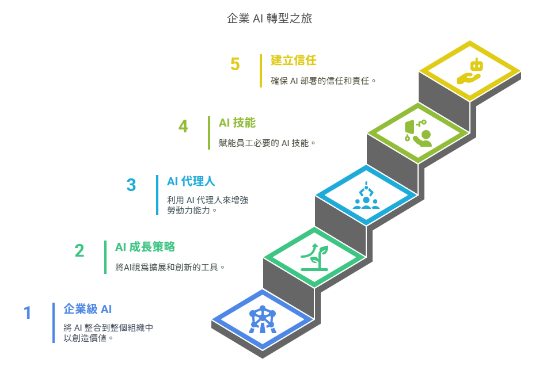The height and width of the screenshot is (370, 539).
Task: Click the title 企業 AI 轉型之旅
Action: pos(269,18)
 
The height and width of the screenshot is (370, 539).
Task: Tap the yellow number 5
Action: pos(235,64)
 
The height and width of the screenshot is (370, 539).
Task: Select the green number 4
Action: pos(183,126)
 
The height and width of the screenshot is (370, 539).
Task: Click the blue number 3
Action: pos(131,185)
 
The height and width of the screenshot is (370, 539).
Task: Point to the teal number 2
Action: pos(79,251)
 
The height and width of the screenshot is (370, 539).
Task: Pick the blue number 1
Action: pos(28,313)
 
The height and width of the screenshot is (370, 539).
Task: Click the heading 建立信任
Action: pos(294,60)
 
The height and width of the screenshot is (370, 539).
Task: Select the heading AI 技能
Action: pos(237,123)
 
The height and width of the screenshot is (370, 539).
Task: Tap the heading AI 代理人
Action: pos(191,182)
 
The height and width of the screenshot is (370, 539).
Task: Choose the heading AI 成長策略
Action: pos(145,247)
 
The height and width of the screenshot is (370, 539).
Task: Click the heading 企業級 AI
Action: pos(88,309)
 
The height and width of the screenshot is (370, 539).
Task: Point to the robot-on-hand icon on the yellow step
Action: pos(469,72)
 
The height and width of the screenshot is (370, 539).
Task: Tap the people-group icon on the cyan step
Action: pos(366,196)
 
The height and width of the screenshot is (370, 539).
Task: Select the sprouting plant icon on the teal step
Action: pos(314,257)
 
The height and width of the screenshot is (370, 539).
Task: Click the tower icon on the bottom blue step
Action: pos(263,319)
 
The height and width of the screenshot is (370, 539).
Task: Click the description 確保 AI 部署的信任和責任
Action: pos(323,81)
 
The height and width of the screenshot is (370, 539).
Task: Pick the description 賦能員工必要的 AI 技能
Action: pos(267,143)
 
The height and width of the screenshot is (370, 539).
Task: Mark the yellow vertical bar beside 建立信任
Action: pos(261,71)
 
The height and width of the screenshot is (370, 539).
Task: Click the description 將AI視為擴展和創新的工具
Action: pos(170,267)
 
